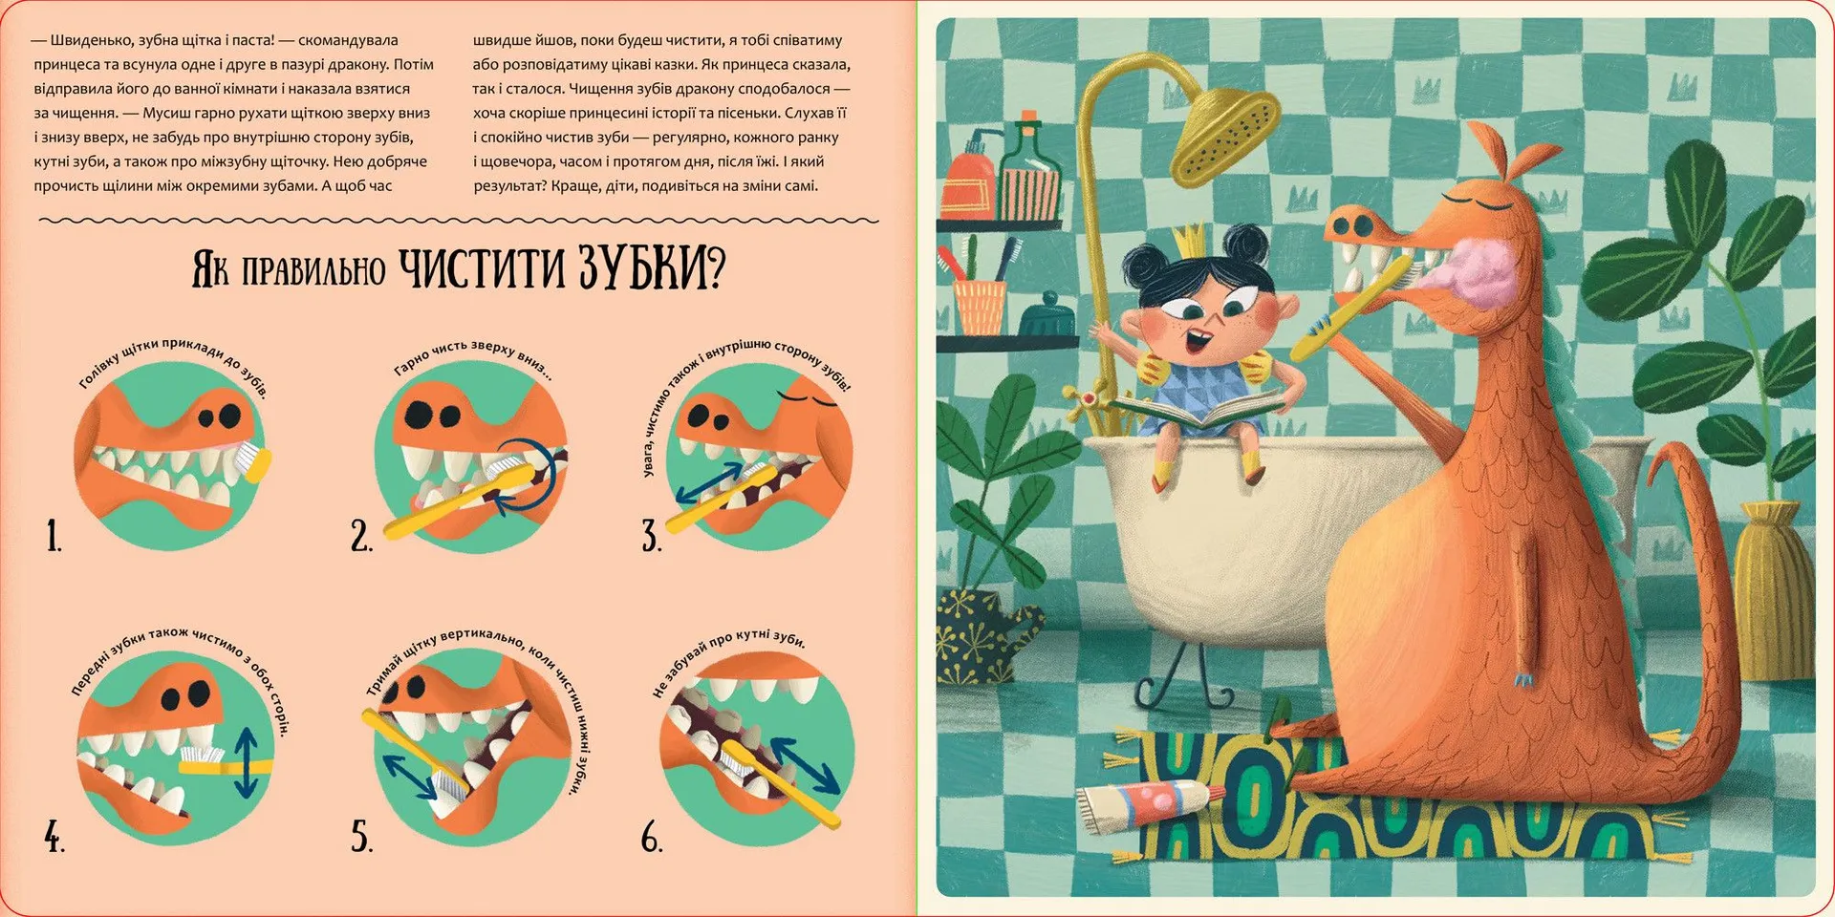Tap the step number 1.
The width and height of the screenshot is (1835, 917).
click(x=54, y=537)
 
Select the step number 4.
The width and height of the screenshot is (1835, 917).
click(x=54, y=838)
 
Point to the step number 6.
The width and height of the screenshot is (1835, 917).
click(x=652, y=838)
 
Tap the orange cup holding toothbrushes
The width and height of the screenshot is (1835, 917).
click(x=980, y=307)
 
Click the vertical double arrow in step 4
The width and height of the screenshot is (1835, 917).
click(x=246, y=762)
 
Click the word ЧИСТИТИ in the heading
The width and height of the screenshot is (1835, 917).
click(x=482, y=268)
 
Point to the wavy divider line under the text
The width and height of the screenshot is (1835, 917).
click(x=457, y=221)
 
